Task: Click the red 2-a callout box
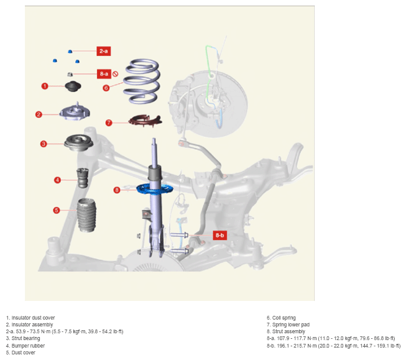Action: (104, 51)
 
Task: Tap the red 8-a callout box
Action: (104, 74)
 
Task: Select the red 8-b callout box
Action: (219, 235)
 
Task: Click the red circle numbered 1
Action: (45, 86)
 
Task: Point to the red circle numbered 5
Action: (57, 210)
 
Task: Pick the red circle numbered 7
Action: (109, 122)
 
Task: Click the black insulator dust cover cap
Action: (73, 86)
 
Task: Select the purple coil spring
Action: (141, 81)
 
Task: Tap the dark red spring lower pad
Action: (145, 121)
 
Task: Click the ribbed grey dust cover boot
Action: (86, 215)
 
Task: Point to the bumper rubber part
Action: (83, 178)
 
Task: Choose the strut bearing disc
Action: (79, 142)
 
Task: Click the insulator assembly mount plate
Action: (75, 112)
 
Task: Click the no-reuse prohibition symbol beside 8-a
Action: (116, 74)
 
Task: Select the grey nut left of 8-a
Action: (70, 75)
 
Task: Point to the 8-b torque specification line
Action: (333, 346)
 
